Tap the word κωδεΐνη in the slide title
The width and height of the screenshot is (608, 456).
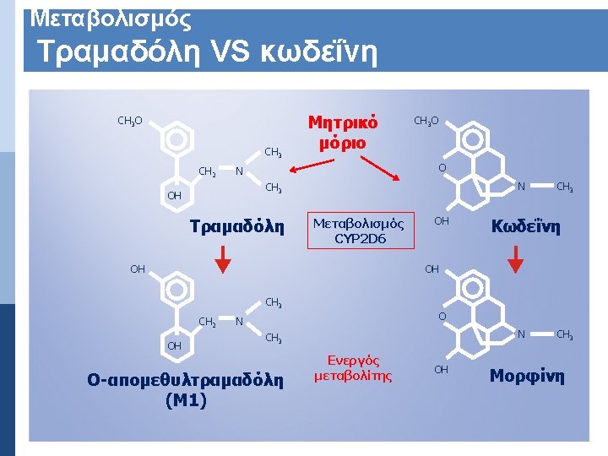pos(324,55)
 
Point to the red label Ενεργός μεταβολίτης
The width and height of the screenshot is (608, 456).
pos(353,368)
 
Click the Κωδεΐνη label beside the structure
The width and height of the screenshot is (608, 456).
pos(527,227)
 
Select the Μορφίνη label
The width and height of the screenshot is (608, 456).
pos(527,375)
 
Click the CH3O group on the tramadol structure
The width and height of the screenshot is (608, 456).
pos(130,122)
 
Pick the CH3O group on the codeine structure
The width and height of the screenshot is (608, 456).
pos(426,122)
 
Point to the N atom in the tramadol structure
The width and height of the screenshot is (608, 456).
pos(240,172)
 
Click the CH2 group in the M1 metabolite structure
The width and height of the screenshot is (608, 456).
pos(207,321)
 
